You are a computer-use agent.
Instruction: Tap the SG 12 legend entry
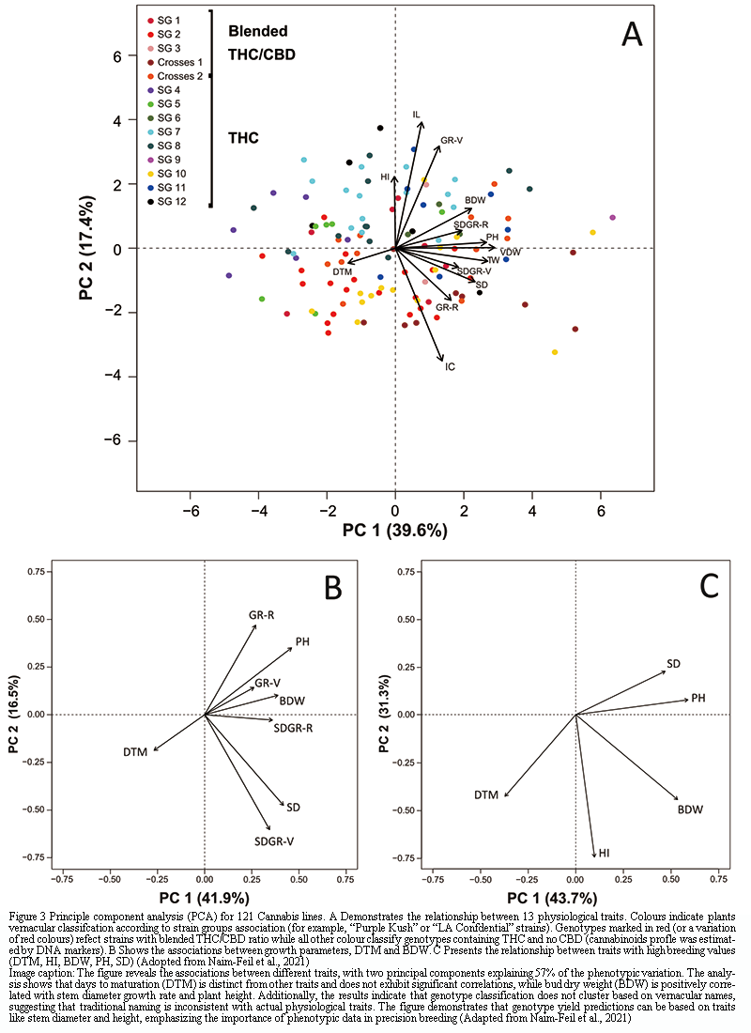(x=172, y=202)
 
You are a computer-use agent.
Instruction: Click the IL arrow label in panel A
(x=417, y=115)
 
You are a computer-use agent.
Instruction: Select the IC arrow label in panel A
(x=451, y=366)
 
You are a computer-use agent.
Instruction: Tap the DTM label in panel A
(x=342, y=272)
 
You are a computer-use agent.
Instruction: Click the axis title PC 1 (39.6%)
(x=394, y=530)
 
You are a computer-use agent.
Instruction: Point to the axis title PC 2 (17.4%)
(x=87, y=249)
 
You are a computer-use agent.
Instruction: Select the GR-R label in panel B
(x=261, y=615)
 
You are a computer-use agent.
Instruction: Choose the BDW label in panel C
(x=690, y=809)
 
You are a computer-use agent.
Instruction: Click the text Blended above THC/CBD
(x=258, y=31)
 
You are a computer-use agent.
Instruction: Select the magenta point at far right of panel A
(x=612, y=218)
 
